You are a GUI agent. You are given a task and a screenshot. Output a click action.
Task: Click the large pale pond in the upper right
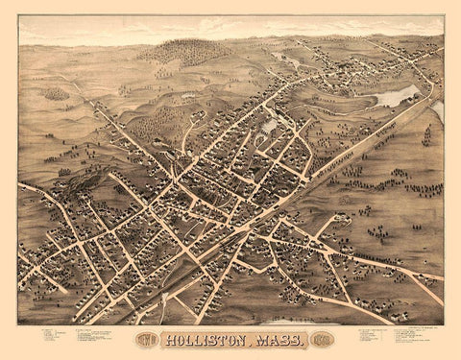[397, 96]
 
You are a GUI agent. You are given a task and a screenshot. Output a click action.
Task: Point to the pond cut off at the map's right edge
[438, 111]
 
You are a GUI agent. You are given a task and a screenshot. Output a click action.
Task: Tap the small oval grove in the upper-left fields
[57, 94]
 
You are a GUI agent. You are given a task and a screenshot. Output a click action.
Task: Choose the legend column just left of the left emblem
[96, 337]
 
